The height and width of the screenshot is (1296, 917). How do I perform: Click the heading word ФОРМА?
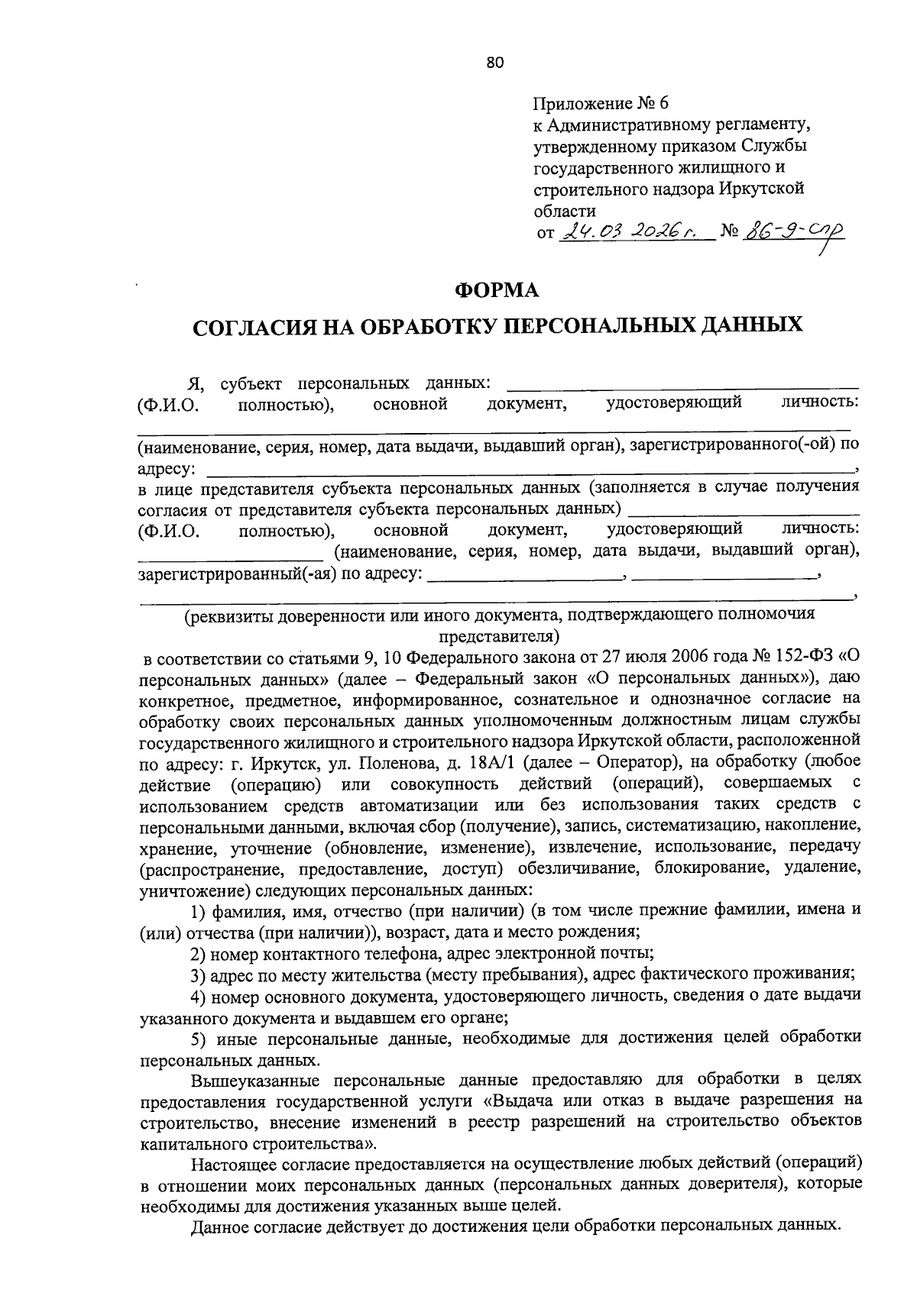(497, 290)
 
